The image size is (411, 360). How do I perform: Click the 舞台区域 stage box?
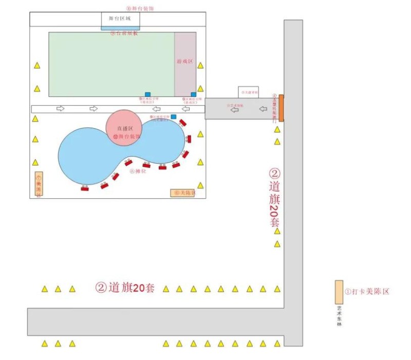[120, 19]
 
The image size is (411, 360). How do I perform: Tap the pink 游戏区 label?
[184, 61]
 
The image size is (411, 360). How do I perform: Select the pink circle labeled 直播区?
[123, 128]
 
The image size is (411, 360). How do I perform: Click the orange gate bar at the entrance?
[281, 108]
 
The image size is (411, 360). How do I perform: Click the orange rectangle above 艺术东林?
[339, 292]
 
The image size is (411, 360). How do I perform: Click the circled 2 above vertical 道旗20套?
[275, 174]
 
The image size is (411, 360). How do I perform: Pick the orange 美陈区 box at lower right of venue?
[183, 193]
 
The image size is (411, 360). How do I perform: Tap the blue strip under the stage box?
[120, 28]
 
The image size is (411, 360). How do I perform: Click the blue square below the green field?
[148, 94]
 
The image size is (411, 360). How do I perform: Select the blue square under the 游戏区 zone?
[193, 94]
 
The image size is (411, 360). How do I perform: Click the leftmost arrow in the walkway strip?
[60, 109]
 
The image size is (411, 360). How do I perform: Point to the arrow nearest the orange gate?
[263, 109]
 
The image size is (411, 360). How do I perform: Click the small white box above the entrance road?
[248, 92]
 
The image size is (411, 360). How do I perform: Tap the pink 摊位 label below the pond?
[138, 172]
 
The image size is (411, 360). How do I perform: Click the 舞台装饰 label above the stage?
[140, 8]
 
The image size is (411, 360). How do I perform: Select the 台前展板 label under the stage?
[124, 33]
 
